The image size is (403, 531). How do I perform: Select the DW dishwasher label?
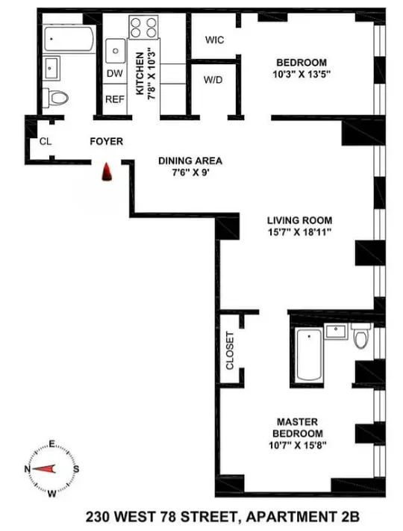(x=114, y=74)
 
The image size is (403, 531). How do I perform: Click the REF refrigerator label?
(x=114, y=99)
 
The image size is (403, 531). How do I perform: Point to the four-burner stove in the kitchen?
(x=144, y=28)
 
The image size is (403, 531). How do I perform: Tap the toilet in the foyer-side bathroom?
(x=56, y=96)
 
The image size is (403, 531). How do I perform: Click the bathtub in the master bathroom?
(x=307, y=355)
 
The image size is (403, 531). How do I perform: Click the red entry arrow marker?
(x=108, y=173)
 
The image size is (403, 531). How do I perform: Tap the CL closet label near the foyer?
(x=46, y=141)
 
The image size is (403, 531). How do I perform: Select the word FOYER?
(x=106, y=141)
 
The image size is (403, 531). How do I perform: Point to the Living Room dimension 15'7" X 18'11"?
(x=299, y=233)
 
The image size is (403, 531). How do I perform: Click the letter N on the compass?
(x=28, y=468)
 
